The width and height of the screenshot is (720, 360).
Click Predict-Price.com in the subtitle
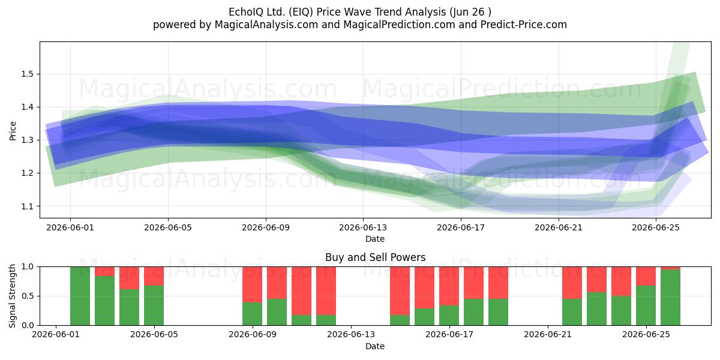[524, 25]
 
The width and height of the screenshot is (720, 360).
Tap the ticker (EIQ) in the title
[301, 12]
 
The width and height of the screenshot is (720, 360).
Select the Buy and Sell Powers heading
[375, 257]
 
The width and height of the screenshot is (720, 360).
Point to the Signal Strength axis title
[12, 296]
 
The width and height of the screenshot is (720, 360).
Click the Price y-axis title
[13, 131]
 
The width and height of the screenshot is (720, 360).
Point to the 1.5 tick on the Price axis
[27, 74]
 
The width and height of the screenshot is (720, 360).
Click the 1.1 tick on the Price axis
[27, 206]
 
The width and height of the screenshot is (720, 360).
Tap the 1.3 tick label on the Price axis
[27, 140]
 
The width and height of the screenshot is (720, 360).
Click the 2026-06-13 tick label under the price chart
[363, 227]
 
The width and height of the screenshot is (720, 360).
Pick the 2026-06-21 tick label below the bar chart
[548, 335]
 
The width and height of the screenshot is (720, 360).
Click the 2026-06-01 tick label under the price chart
[70, 227]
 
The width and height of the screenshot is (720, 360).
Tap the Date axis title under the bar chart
[375, 346]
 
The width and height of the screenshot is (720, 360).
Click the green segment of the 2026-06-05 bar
[154, 305]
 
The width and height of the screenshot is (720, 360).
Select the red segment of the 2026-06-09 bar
[253, 284]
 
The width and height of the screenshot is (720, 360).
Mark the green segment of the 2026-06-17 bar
[449, 316]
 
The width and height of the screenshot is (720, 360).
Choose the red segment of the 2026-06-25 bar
[646, 276]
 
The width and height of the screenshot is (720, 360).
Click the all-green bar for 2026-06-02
[80, 296]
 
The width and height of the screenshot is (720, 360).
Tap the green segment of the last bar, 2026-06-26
[671, 298]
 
